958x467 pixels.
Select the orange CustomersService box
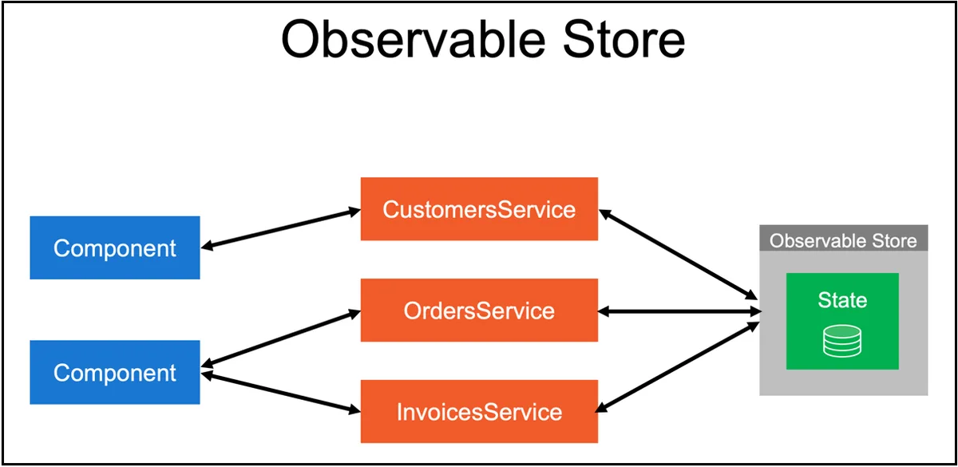coord(479,208)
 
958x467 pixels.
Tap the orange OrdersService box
coord(479,310)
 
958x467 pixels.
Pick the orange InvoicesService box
coord(479,412)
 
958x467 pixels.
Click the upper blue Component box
coord(115,247)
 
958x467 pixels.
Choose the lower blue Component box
coord(115,372)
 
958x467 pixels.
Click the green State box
coord(842,321)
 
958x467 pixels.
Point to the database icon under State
coord(842,342)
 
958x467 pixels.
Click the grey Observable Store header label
coord(843,239)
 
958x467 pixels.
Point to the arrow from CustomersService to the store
coord(679,254)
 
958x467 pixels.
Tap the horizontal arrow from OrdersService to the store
coord(679,310)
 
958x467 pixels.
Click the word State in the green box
coord(842,300)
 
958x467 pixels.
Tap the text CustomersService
coord(479,209)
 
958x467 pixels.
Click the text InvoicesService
coord(479,412)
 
